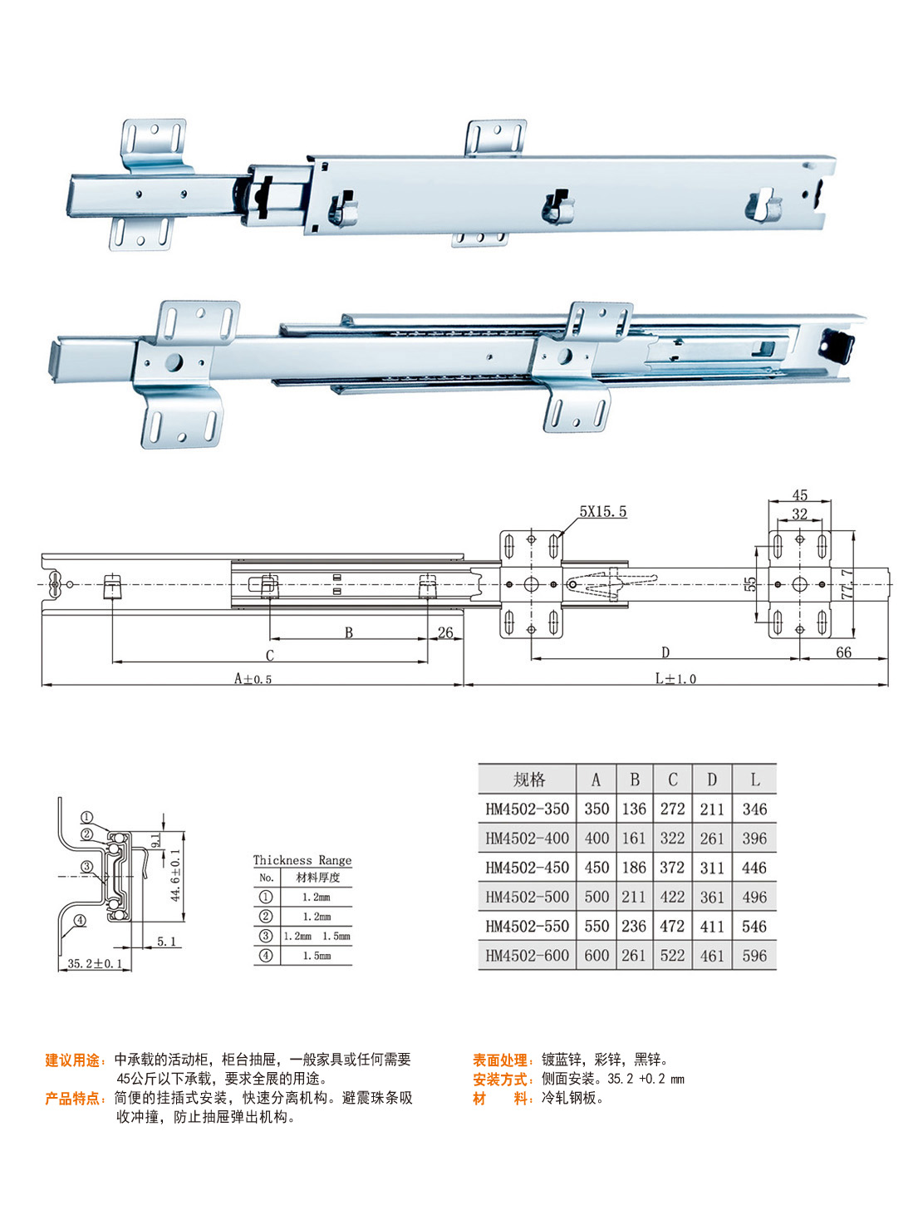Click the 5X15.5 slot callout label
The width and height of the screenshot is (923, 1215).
[603, 512]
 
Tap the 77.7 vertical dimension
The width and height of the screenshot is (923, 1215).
[847, 585]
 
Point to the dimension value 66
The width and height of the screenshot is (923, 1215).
[843, 652]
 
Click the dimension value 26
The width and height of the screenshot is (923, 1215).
[445, 632]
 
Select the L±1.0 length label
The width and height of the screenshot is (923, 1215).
[675, 679]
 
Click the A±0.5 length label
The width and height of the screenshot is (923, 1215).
[253, 679]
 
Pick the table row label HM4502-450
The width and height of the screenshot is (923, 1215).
[528, 868]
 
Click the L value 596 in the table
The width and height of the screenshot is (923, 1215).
[754, 956]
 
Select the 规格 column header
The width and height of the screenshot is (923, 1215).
[528, 780]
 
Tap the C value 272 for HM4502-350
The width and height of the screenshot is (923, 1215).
[672, 809]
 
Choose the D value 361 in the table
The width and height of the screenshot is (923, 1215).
[712, 897]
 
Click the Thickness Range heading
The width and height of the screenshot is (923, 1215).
[302, 860]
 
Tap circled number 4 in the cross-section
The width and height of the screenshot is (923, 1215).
[80, 920]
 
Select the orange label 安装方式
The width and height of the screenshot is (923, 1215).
[501, 1080]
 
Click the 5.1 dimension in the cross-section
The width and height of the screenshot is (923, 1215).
[166, 942]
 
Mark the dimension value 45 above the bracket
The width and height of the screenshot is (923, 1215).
[799, 495]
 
